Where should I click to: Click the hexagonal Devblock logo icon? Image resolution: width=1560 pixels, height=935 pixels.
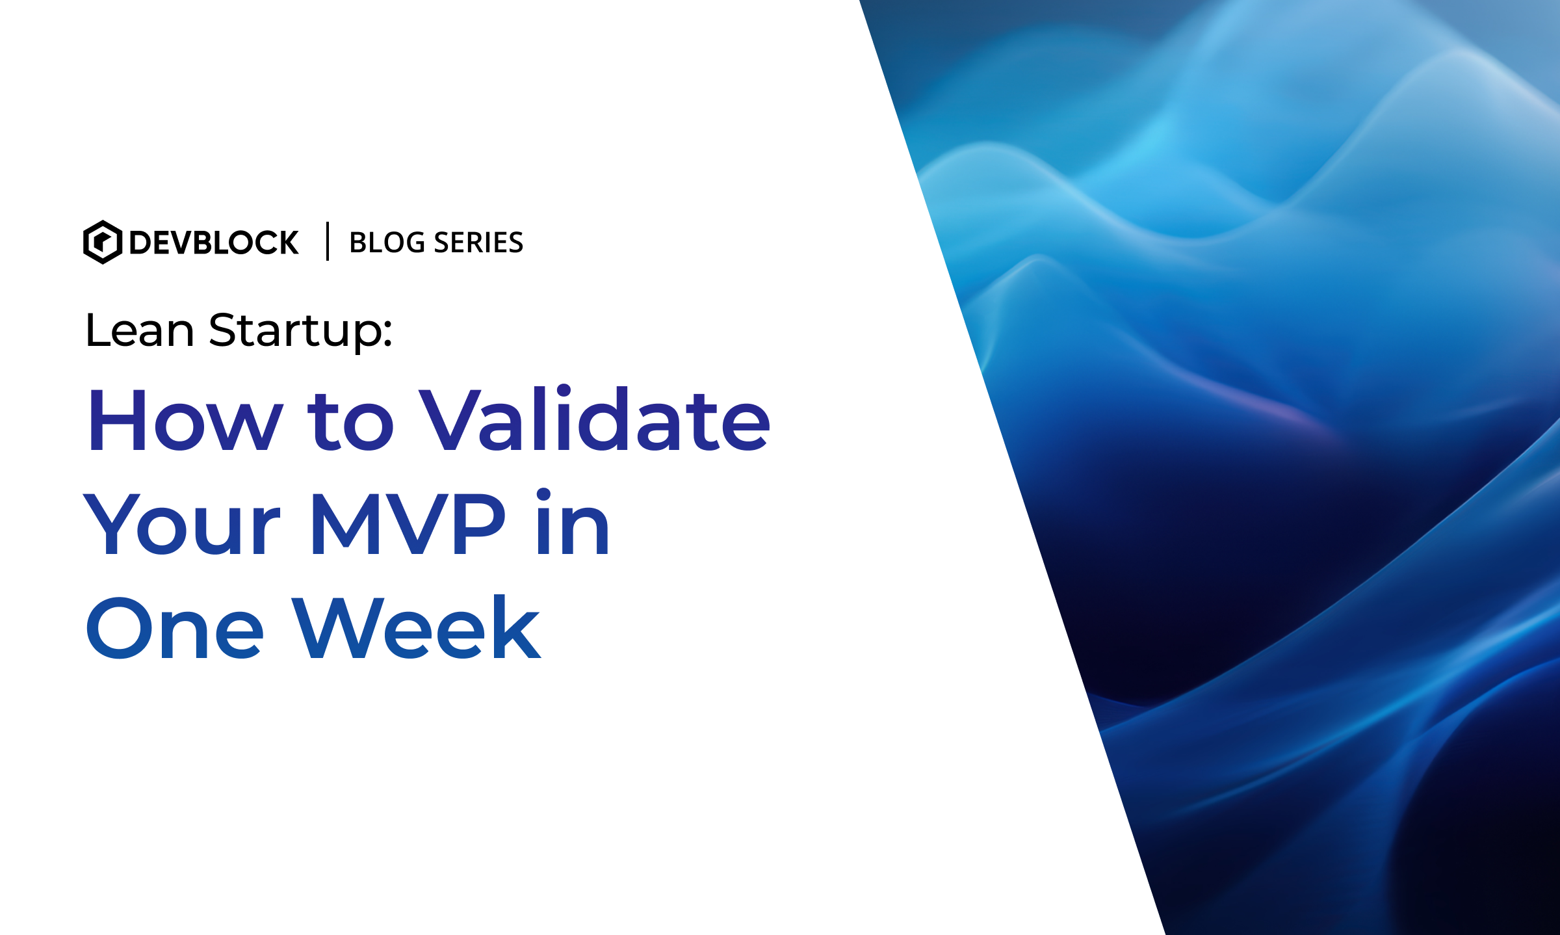(x=103, y=242)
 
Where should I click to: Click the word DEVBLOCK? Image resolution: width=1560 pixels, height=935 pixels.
(x=214, y=243)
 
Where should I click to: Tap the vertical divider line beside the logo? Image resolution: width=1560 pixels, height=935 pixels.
(x=328, y=241)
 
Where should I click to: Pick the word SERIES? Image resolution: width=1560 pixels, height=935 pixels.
(x=478, y=243)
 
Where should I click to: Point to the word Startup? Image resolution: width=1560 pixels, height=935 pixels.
(x=294, y=332)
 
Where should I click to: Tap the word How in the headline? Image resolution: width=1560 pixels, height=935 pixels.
(x=185, y=419)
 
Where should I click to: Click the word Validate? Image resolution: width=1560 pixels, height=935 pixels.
(x=595, y=417)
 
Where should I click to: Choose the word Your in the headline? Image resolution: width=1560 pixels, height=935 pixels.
(x=182, y=524)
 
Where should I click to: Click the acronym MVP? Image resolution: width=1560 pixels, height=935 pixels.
(x=408, y=524)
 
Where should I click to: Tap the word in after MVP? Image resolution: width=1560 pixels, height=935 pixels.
(x=573, y=521)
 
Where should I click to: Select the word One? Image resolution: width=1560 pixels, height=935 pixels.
(x=174, y=627)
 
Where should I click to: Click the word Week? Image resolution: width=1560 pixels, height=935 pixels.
(x=416, y=626)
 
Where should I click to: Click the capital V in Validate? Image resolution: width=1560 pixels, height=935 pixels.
(x=449, y=419)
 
